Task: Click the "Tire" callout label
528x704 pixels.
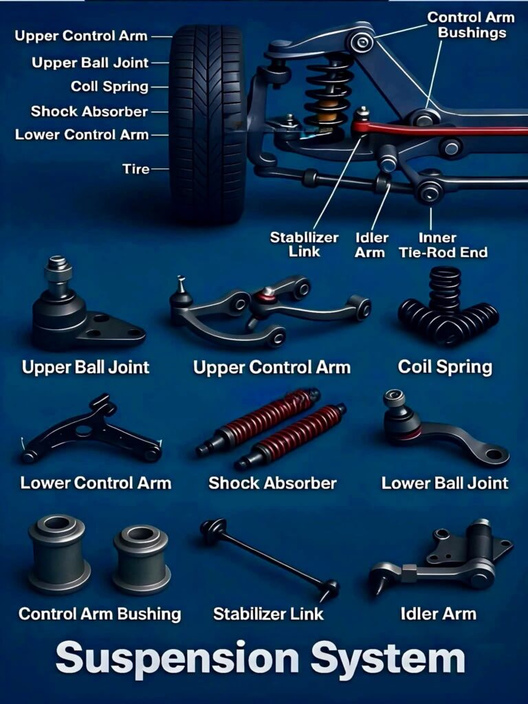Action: (135, 169)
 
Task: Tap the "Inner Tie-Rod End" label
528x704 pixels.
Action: (443, 245)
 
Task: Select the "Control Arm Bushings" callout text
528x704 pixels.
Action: (471, 25)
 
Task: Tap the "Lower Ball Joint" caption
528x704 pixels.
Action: (445, 483)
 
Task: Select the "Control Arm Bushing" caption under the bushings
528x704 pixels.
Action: (100, 614)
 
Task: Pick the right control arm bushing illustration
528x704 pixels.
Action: (142, 559)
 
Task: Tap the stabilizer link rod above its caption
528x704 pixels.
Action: (269, 559)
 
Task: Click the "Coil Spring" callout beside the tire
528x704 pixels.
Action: (109, 87)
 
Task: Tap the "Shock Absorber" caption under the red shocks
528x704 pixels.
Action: (272, 483)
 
